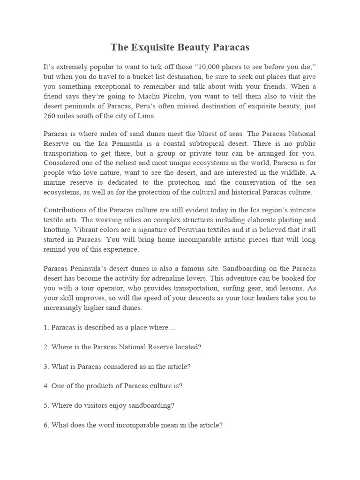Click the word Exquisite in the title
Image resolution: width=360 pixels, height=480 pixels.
[x=153, y=47]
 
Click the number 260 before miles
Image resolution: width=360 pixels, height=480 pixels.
[x=49, y=116]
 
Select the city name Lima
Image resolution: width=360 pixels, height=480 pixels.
[x=147, y=116]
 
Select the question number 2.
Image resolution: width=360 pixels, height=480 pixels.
[x=46, y=347]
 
